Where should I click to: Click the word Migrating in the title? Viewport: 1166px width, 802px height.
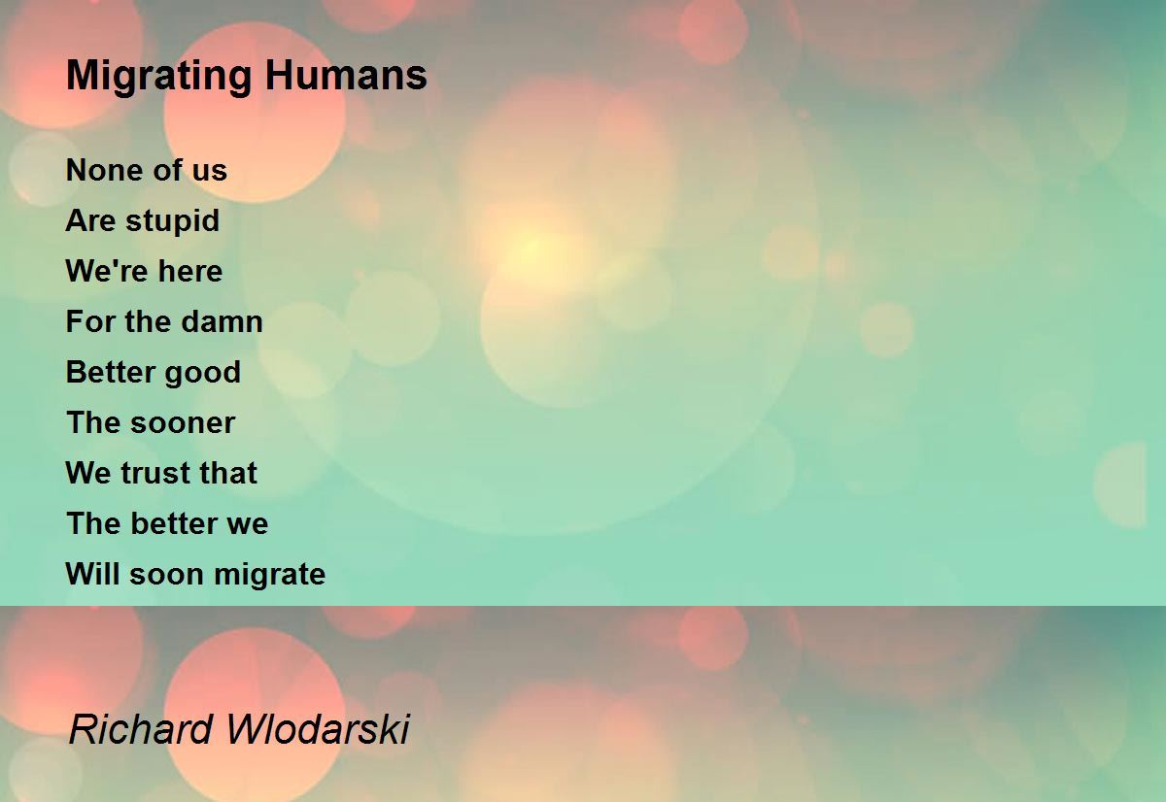pyautogui.click(x=159, y=77)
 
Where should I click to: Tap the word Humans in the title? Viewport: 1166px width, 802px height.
pyautogui.click(x=346, y=75)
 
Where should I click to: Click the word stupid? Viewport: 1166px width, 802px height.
pyautogui.click(x=172, y=222)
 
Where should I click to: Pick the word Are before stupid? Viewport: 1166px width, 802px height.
pyautogui.click(x=90, y=220)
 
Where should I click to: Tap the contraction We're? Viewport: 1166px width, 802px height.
pyautogui.click(x=107, y=271)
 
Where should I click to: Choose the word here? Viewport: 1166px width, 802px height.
pyautogui.click(x=190, y=271)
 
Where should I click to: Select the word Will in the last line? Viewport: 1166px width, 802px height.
pyautogui.click(x=92, y=574)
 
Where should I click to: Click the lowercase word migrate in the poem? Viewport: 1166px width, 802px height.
pyautogui.click(x=270, y=576)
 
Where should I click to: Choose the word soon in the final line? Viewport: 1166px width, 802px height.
pyautogui.click(x=166, y=576)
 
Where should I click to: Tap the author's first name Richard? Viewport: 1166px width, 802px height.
pyautogui.click(x=141, y=728)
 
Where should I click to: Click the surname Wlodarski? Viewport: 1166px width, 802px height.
pyautogui.click(x=318, y=728)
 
